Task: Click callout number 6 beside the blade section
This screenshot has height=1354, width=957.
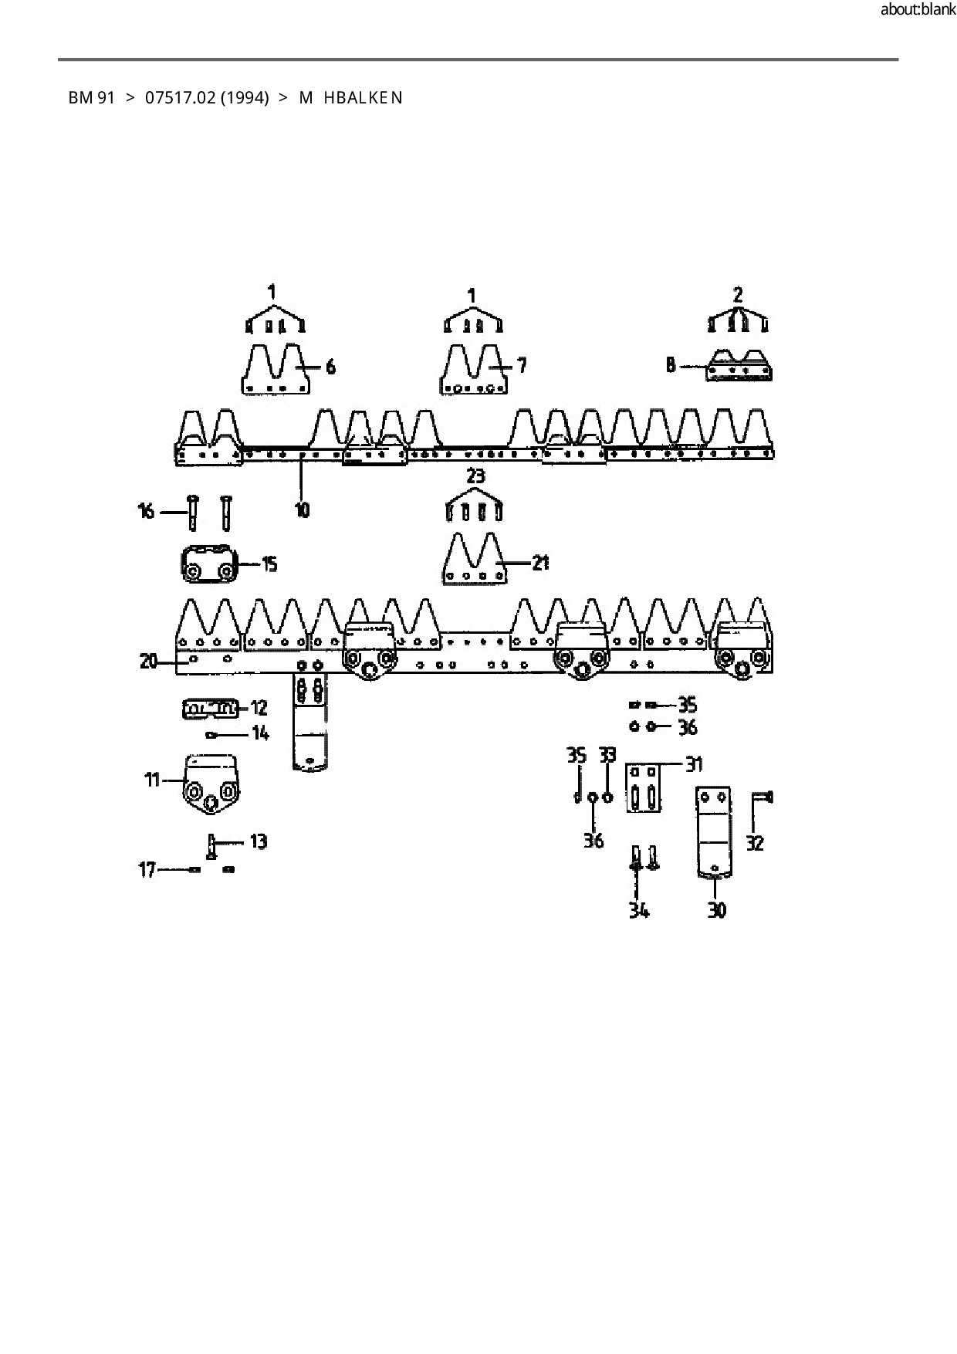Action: (330, 367)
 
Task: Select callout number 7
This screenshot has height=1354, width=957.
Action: (522, 364)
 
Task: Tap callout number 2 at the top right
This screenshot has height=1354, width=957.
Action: (738, 294)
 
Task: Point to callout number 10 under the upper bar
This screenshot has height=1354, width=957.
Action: (302, 509)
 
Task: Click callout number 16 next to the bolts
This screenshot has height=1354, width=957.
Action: (146, 511)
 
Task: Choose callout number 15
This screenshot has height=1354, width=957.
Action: (269, 564)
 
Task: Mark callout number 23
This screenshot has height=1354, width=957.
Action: (475, 476)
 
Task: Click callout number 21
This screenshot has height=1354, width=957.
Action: (540, 563)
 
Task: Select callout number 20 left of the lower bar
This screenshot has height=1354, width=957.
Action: (149, 661)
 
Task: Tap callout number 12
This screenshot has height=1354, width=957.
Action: (259, 707)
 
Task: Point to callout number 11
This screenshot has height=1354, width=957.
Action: (151, 780)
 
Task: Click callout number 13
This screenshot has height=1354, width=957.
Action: (259, 841)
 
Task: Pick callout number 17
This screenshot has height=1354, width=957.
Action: (147, 871)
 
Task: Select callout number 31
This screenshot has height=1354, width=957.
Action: (694, 764)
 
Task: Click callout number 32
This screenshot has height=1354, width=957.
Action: (756, 843)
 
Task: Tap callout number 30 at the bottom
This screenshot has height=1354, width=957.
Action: (717, 911)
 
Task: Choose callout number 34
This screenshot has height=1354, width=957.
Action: (638, 911)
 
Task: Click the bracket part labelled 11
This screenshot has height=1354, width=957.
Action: (211, 785)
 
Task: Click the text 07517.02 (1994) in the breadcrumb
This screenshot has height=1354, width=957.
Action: (207, 98)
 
